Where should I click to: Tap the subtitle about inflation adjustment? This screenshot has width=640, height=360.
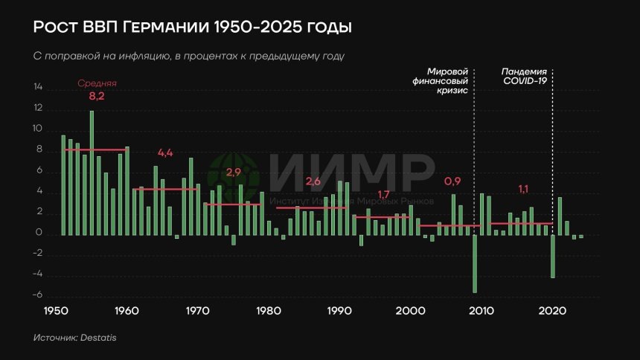pos(189,57)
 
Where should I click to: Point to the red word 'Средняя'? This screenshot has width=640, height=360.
pos(97,84)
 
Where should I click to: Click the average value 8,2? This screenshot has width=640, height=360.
pos(97,97)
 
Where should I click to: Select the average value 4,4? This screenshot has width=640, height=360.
pos(165,152)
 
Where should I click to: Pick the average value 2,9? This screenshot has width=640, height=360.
pos(234,173)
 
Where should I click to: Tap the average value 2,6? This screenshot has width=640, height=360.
pos(313,182)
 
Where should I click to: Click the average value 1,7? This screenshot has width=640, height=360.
pos(384,195)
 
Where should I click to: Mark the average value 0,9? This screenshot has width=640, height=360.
pos(452,181)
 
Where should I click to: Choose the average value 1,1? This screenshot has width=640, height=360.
pos(525,190)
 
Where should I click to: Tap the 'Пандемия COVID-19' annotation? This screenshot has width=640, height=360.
pos(525,75)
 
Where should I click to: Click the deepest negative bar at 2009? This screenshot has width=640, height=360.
pos(475,264)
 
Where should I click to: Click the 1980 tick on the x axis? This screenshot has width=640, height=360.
pos(269,311)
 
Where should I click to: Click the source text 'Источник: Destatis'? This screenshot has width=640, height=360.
pos(74,338)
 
